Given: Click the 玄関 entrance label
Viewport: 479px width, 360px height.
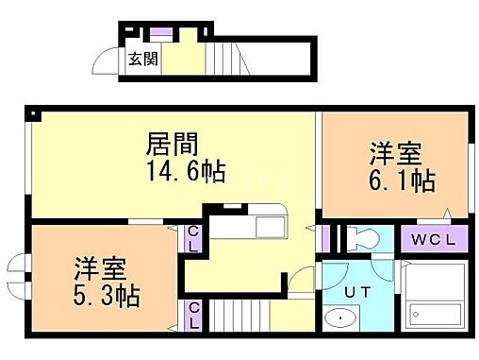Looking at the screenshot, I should (x=142, y=59).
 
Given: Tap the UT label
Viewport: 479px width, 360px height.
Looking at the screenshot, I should (x=356, y=293).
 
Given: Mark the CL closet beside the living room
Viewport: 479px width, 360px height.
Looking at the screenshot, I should (x=192, y=238).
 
